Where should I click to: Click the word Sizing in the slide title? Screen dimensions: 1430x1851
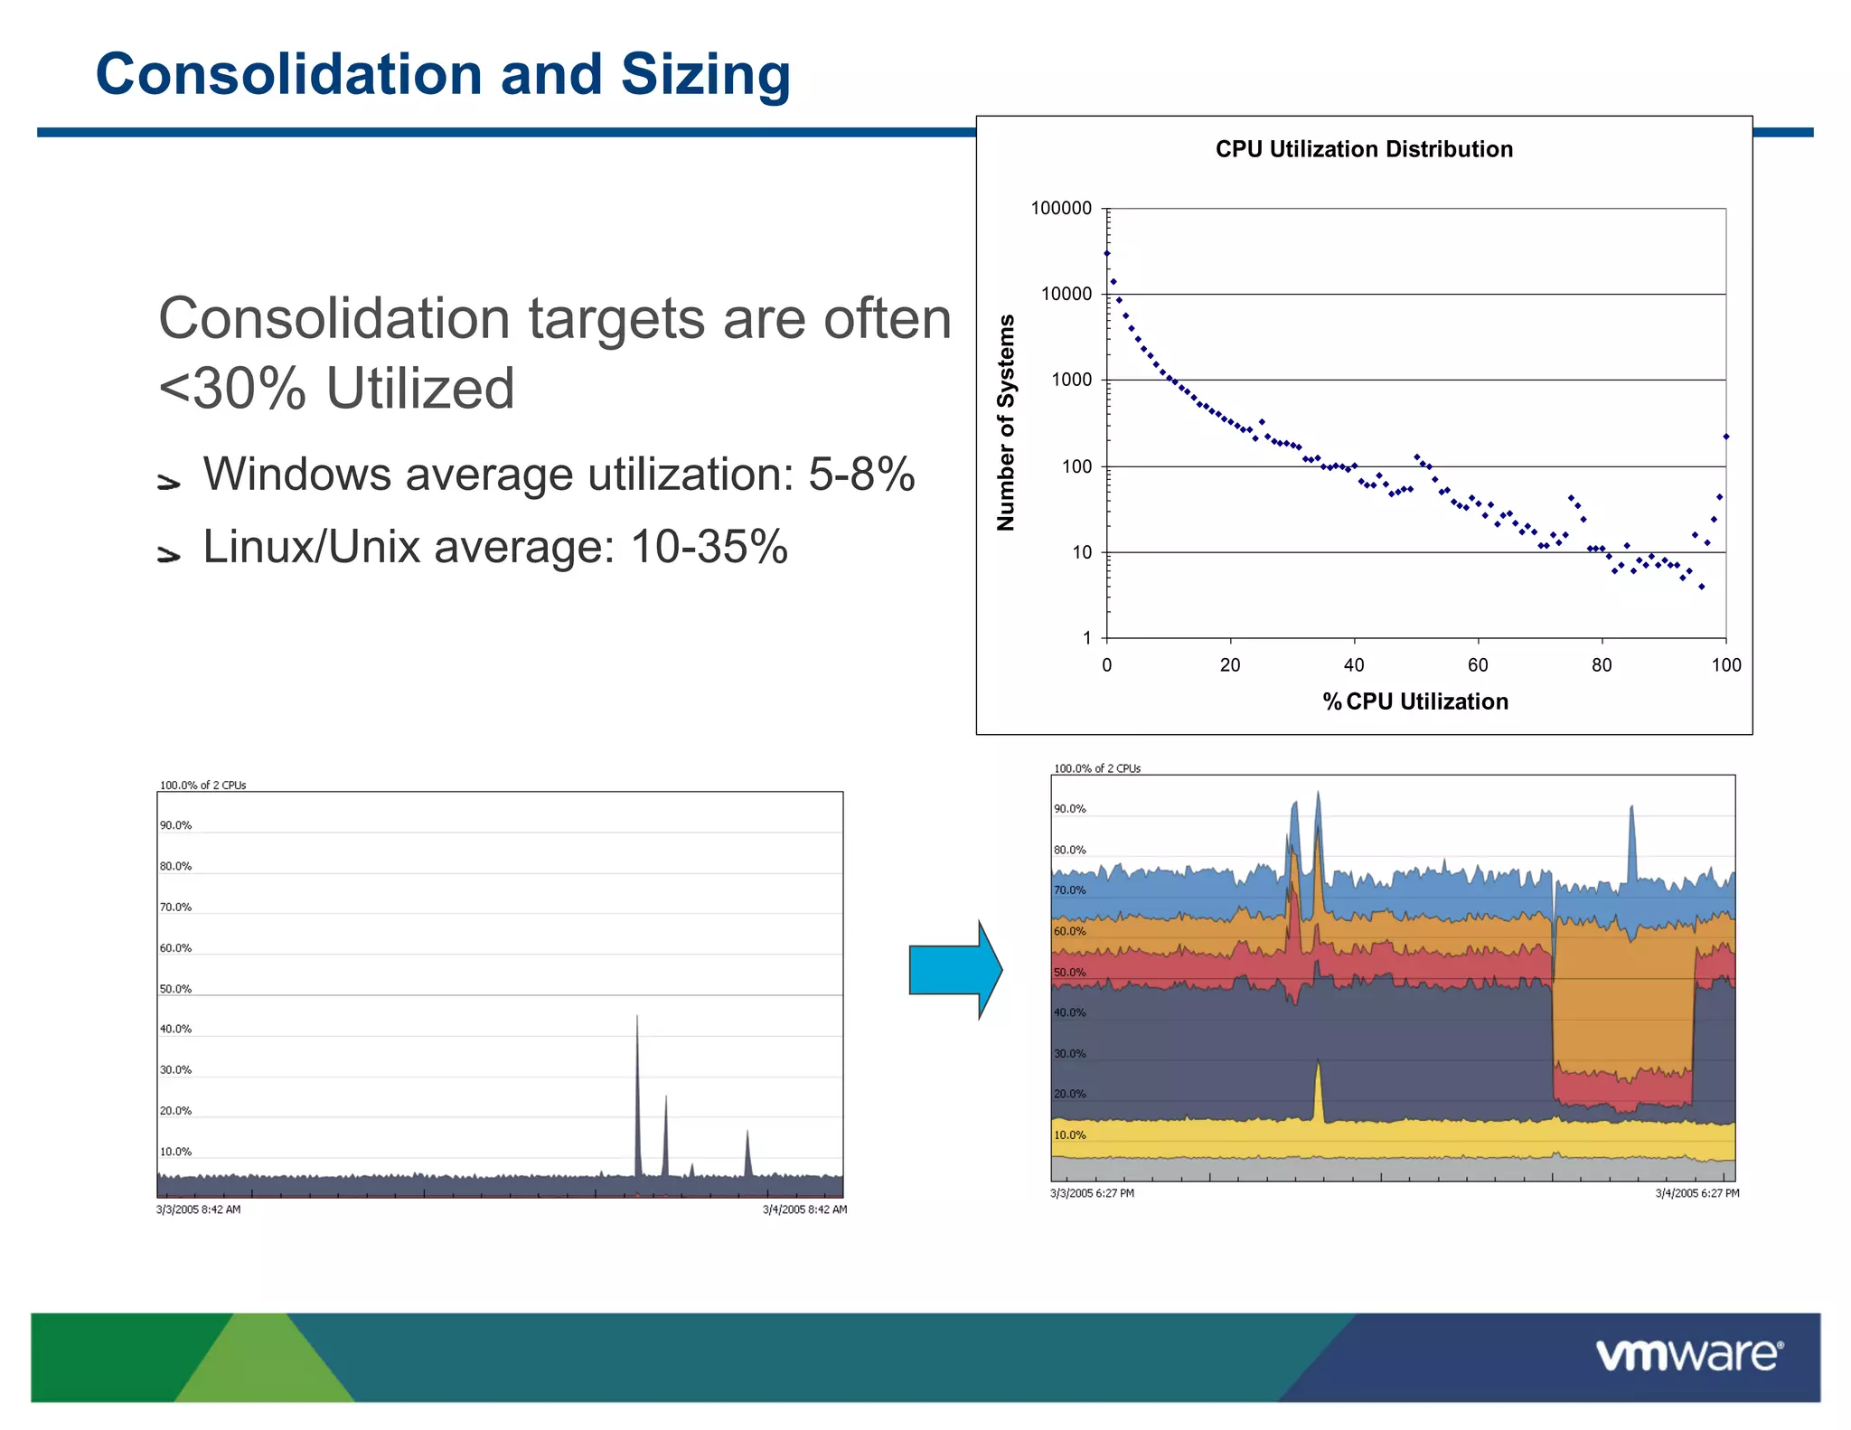click(705, 75)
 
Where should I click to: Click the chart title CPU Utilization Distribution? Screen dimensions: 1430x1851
click(1363, 149)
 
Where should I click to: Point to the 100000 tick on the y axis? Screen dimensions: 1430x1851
click(1061, 209)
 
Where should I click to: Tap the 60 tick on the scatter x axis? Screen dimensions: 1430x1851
click(1477, 665)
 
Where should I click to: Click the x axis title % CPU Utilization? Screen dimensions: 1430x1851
click(1414, 701)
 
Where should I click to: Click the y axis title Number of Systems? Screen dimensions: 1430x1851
click(1006, 422)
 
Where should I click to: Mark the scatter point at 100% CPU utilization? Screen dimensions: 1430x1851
click(1725, 437)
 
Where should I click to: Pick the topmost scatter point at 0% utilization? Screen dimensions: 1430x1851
click(1107, 253)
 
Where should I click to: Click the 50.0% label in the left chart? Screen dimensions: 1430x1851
click(175, 989)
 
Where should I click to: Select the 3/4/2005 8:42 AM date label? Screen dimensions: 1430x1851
click(803, 1209)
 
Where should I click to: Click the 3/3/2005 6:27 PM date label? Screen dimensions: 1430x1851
click(1092, 1193)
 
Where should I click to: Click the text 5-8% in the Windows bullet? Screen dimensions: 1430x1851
click(860, 475)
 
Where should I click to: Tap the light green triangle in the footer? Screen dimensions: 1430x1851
click(264, 1365)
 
